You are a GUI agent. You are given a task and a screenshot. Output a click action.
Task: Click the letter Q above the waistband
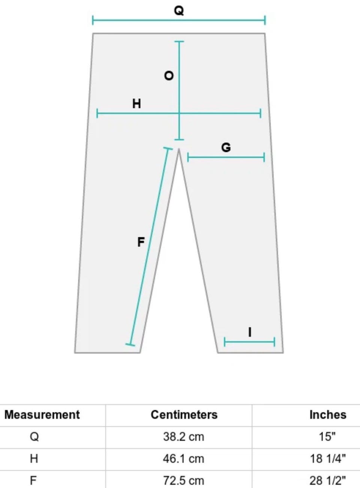click(178, 11)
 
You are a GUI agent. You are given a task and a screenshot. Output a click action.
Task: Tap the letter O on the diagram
click(169, 76)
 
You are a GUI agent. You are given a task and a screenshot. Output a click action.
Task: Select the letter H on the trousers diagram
click(136, 104)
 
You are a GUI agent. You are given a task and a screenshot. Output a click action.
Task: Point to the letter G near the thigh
click(226, 147)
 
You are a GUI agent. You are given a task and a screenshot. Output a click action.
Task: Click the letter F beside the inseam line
click(141, 242)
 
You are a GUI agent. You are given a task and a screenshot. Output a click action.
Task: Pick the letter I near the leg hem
click(249, 332)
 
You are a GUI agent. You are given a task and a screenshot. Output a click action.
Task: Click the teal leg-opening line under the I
click(249, 342)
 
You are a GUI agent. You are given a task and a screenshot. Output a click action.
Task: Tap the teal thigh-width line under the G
click(226, 157)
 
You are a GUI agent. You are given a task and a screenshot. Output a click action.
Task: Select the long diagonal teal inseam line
click(149, 246)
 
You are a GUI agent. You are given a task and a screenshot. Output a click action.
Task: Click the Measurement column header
click(42, 415)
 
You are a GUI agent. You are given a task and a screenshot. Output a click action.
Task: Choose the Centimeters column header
click(184, 415)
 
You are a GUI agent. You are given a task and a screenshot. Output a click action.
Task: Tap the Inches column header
click(328, 415)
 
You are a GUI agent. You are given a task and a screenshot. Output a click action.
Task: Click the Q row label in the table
click(34, 437)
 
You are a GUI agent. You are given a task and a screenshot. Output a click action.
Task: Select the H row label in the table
click(34, 459)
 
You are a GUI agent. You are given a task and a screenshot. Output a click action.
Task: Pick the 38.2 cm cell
click(183, 437)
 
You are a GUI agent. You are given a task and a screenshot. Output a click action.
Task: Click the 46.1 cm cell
click(183, 459)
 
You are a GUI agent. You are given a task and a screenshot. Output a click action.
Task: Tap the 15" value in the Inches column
click(328, 437)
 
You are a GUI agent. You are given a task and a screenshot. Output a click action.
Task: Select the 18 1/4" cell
click(328, 459)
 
